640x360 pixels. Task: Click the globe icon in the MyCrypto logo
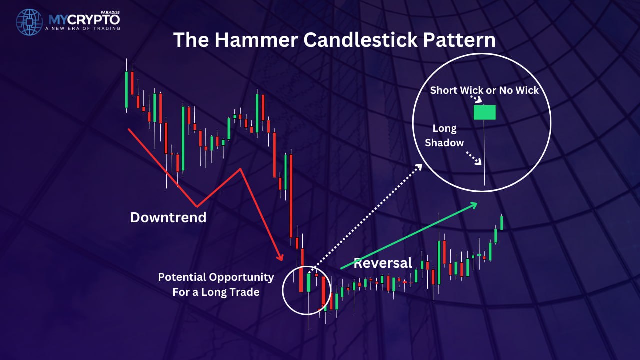(29, 22)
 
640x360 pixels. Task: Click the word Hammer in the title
(256, 40)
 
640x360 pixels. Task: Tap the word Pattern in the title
(459, 40)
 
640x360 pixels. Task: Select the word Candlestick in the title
(361, 40)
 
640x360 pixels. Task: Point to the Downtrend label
(168, 217)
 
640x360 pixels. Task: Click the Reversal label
(383, 263)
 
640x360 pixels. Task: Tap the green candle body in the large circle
(485, 112)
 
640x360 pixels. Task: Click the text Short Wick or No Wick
(484, 90)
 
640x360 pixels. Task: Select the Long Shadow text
(444, 135)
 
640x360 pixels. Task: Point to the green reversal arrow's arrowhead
(474, 205)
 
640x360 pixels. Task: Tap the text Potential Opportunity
(216, 277)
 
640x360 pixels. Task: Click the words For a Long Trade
(216, 292)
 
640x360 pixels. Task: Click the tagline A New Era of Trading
(83, 28)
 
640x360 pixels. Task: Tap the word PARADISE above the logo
(110, 13)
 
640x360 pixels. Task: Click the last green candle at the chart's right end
(501, 223)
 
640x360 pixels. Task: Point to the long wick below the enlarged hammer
(484, 153)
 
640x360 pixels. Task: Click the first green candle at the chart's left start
(126, 90)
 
